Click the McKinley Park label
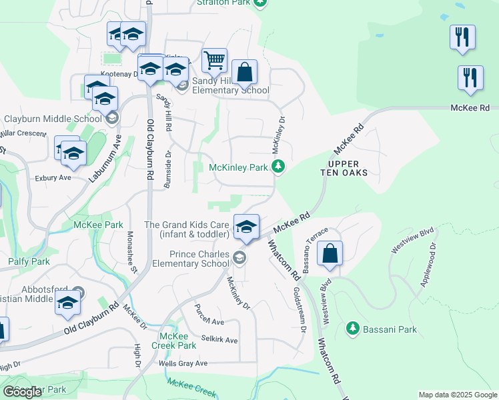(238, 167)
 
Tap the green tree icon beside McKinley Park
(281, 167)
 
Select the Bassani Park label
(390, 329)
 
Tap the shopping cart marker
(214, 61)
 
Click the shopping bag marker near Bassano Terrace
(330, 254)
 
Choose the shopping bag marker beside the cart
(245, 72)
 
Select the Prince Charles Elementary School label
(199, 259)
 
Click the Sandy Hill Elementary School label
(230, 85)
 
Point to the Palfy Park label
(29, 262)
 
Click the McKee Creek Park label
(177, 341)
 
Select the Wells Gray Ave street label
(183, 363)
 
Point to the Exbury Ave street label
(53, 178)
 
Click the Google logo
(22, 392)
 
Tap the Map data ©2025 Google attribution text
(457, 395)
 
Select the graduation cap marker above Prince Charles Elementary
(246, 226)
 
